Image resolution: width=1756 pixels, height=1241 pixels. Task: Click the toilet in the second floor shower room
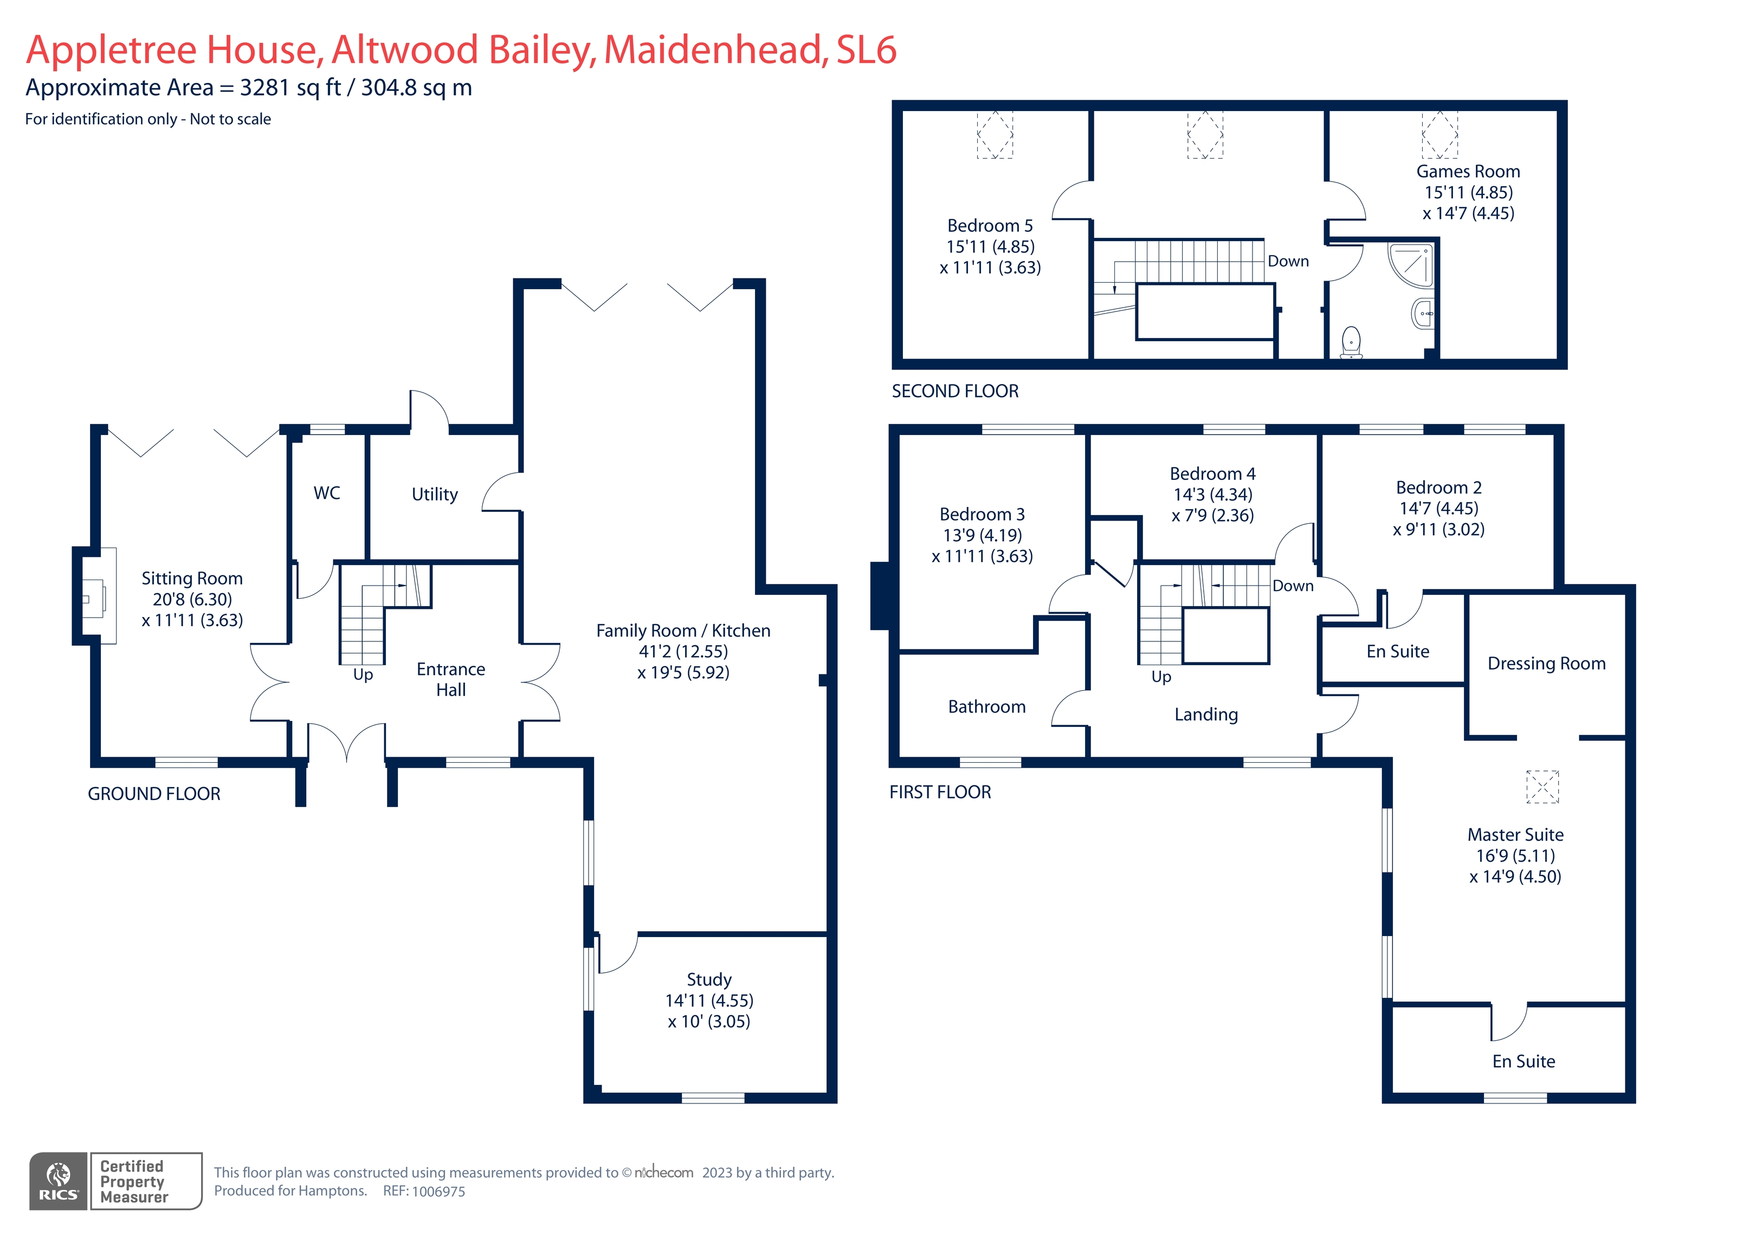click(x=1352, y=341)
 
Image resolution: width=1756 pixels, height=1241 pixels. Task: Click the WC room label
click(x=327, y=493)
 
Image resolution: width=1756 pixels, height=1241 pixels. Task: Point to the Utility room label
click(x=435, y=495)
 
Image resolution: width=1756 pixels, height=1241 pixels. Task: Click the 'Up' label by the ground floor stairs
click(x=363, y=674)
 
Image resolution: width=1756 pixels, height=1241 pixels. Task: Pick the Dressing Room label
click(x=1546, y=664)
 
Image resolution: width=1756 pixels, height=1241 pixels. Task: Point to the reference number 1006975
click(x=438, y=1191)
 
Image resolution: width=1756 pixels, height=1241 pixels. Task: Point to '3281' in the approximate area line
click(x=264, y=88)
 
